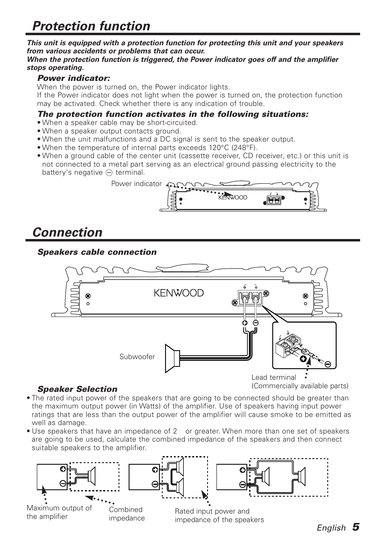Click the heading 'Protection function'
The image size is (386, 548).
(91, 26)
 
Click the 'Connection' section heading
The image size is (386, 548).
(68, 233)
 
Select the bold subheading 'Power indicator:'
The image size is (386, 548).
(74, 78)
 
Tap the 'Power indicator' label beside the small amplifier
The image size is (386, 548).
(136, 184)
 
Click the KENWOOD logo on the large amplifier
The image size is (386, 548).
(178, 293)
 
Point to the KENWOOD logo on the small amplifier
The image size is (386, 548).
(233, 198)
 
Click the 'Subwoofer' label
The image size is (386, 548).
(137, 357)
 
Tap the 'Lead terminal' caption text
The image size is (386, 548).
(274, 377)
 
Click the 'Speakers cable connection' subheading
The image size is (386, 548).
(97, 252)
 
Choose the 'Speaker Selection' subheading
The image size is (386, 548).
(77, 389)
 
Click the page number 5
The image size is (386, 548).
(355, 527)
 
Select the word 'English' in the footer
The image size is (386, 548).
(331, 528)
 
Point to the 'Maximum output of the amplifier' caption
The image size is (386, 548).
(59, 512)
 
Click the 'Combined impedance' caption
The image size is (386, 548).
(127, 514)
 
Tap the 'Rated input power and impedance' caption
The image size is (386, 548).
(219, 516)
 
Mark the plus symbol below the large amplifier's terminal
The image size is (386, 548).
(245, 323)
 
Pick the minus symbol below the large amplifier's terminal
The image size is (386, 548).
(256, 323)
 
